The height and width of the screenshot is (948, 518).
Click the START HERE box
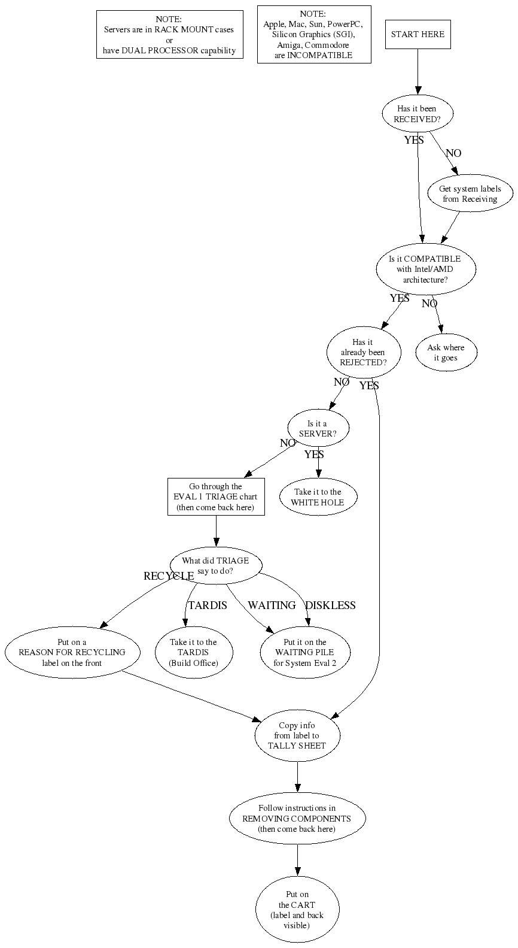[x=418, y=34]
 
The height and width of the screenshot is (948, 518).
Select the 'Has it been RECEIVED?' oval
[x=418, y=113]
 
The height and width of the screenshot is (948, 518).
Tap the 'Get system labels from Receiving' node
[x=470, y=193]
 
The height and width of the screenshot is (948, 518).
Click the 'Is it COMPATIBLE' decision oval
[x=426, y=269]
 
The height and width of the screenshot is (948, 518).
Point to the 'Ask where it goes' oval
[x=446, y=352]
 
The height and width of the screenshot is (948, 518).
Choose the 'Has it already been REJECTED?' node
[x=363, y=352]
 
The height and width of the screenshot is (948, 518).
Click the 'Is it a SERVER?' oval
[x=318, y=428]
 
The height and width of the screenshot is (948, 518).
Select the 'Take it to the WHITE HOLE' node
[x=318, y=497]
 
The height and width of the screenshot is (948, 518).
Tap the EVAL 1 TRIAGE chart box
[x=216, y=497]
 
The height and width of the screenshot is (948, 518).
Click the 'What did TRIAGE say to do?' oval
[x=216, y=565]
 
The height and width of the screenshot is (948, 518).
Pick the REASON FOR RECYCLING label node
[x=72, y=652]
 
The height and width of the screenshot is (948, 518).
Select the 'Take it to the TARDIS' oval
[x=194, y=652]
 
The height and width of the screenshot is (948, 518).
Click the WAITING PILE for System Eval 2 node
[x=305, y=652]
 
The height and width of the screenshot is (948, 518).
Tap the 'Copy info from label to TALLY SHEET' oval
[x=297, y=735]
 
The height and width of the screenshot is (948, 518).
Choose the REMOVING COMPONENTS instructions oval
[x=297, y=818]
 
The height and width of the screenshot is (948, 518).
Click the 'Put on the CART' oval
[x=297, y=910]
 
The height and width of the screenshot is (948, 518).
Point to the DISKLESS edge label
[x=330, y=605]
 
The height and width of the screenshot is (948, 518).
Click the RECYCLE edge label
[x=169, y=576]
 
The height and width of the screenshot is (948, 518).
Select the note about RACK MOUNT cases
[x=169, y=34]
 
